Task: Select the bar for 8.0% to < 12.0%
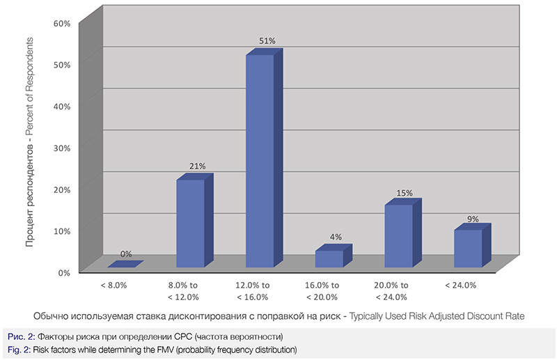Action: (190, 224)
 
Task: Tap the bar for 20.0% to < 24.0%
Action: (399, 236)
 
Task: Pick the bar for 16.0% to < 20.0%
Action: (329, 258)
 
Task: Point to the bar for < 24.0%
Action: (469, 249)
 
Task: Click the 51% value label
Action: (267, 41)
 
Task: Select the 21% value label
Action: (198, 166)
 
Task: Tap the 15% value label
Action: (405, 192)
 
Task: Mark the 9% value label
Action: (473, 219)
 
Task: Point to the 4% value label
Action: (336, 237)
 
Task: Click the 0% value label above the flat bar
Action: (126, 254)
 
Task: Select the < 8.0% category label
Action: (113, 285)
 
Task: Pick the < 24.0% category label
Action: (460, 285)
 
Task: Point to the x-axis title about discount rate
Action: (278, 316)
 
